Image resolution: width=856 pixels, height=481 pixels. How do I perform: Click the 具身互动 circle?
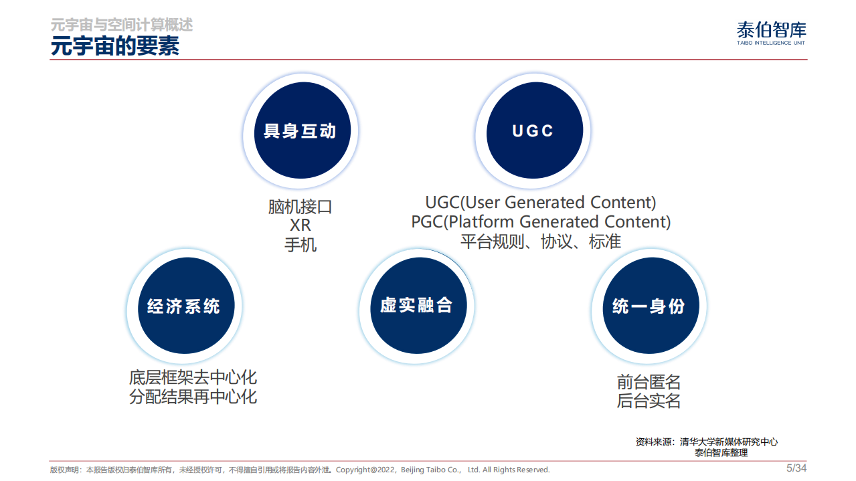300,131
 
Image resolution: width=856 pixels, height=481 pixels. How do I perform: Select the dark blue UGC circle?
533,131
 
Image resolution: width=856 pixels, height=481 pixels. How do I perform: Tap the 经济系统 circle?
183,306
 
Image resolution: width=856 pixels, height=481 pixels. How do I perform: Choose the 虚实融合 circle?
416,306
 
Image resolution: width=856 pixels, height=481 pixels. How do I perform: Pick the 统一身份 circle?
649,306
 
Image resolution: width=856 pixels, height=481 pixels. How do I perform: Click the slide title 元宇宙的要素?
115,46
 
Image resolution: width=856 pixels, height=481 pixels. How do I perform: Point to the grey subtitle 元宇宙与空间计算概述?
122,25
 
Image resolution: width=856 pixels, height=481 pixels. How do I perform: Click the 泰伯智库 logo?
771,32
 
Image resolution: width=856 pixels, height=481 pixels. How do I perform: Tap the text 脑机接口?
300,207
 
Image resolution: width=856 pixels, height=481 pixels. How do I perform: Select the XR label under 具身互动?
300,225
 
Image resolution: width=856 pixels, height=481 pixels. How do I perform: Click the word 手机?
300,245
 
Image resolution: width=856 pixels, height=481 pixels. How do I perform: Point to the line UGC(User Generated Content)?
541,202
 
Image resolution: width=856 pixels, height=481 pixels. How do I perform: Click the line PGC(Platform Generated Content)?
541,221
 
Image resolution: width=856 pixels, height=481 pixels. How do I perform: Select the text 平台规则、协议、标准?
541,242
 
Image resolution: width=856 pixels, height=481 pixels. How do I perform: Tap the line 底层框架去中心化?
193,377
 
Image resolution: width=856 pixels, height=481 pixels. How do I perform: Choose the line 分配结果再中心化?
193,397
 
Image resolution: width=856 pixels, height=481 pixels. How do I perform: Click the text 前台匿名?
649,382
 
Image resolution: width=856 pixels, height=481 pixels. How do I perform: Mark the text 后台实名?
649,401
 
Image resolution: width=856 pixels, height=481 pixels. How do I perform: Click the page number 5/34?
796,468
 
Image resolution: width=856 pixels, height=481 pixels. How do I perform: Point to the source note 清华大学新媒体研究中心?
728,442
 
